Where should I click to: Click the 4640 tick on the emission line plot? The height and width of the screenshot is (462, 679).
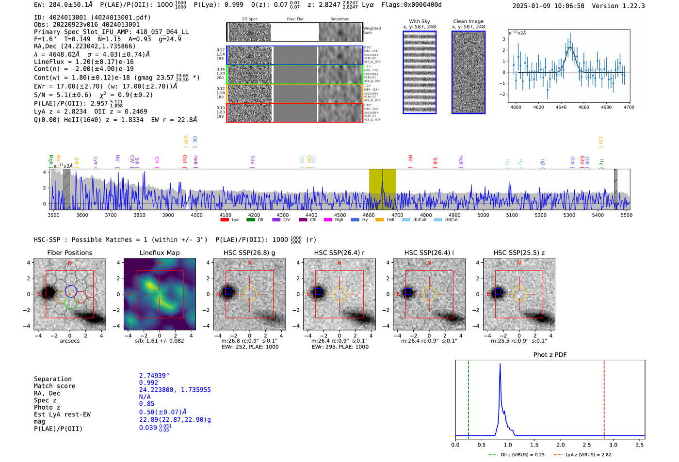(561, 107)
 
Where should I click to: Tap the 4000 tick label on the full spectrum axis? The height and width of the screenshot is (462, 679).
(196, 215)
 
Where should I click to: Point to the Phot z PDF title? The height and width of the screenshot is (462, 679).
(550, 354)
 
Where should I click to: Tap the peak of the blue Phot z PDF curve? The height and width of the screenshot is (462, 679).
(500, 365)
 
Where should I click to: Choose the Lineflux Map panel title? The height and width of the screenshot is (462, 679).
(159, 253)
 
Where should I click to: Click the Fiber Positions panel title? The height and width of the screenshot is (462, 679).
(69, 253)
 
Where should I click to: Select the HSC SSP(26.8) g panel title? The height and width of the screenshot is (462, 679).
(249, 253)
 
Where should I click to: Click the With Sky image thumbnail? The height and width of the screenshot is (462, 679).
(420, 72)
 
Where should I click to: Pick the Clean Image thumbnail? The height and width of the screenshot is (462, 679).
(469, 72)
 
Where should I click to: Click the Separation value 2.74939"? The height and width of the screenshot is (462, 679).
(154, 376)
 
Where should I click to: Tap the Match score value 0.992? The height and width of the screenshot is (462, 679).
(148, 382)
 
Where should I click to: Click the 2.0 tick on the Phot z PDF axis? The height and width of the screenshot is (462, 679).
(560, 445)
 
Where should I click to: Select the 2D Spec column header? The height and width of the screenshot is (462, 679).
(249, 19)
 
